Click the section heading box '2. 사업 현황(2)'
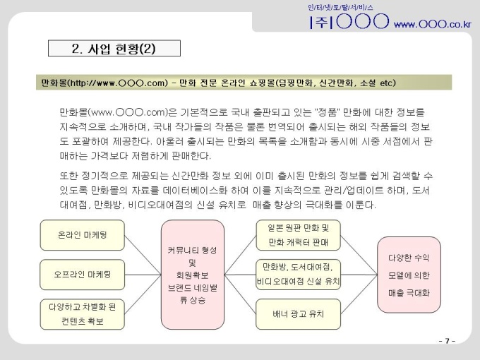[114, 49]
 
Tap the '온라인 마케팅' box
[83, 235]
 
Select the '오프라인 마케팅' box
[83, 275]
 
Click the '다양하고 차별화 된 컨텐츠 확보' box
[83, 314]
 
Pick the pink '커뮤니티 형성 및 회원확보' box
[193, 275]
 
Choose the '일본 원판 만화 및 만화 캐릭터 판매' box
[298, 235]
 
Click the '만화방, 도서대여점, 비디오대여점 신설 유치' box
[298, 275]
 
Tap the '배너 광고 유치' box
[298, 314]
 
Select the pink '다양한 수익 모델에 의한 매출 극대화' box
[409, 275]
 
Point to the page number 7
[447, 341]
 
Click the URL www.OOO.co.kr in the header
[432, 24]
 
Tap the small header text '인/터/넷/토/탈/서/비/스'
[340, 7]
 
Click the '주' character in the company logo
[321, 22]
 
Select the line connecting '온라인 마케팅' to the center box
[143, 255]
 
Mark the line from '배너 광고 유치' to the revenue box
[359, 294]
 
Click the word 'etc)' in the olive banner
[388, 83]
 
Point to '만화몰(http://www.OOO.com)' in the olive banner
[104, 83]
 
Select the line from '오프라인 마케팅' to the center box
[143, 275]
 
